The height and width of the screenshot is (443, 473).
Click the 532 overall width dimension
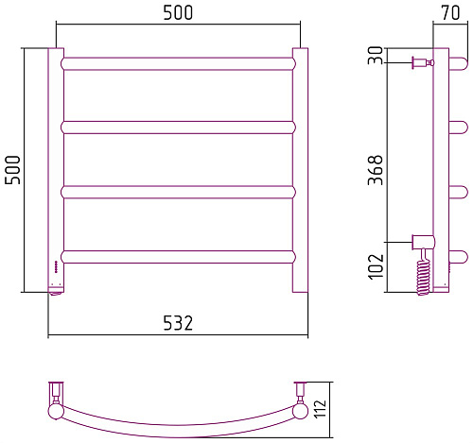(178, 323)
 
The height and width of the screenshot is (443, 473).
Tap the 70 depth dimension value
(450, 13)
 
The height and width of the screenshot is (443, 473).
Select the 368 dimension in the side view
(376, 170)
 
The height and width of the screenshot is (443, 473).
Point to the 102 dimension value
(376, 266)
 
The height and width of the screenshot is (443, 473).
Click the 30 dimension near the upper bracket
(376, 55)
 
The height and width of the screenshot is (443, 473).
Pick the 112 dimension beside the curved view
(320, 409)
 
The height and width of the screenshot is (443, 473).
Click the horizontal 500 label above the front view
(178, 13)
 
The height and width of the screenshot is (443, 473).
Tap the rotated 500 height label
(12, 170)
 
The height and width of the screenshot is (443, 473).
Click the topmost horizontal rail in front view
(179, 63)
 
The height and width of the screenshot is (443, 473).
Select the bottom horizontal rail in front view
(179, 257)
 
